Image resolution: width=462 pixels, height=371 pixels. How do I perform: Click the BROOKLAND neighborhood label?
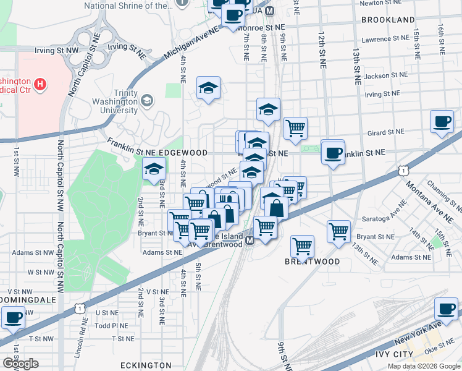point(388,20)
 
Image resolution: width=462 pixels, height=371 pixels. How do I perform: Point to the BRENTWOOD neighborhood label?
point(312,262)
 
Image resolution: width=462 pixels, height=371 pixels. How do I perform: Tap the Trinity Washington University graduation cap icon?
point(147,100)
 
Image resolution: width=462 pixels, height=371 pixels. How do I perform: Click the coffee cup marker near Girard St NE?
point(442,122)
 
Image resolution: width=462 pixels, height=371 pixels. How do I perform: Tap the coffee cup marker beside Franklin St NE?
point(333,152)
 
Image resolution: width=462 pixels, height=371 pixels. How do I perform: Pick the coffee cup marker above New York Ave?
point(446,309)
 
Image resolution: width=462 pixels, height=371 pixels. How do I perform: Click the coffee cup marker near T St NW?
point(13,318)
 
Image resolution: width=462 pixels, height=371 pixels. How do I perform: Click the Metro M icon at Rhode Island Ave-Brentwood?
point(250,240)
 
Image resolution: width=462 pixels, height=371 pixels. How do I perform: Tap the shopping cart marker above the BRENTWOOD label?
point(303,246)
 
